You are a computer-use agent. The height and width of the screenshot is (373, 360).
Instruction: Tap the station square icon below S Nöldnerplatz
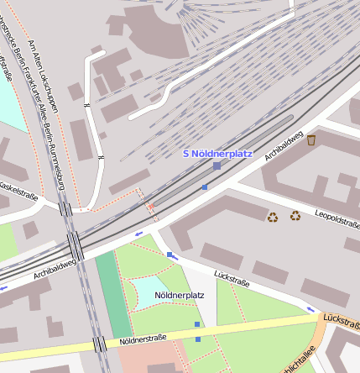217,166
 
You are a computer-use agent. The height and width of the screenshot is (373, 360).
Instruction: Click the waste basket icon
311,139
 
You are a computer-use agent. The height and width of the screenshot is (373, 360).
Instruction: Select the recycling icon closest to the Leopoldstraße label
295,216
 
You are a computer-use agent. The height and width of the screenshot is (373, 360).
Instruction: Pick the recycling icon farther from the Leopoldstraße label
273,218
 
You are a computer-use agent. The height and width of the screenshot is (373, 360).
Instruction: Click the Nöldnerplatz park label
180,296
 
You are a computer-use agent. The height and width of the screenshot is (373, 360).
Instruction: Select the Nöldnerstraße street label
143,339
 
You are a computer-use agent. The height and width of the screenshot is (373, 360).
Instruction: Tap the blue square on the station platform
205,186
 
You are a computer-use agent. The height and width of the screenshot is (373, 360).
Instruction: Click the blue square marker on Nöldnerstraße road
198,339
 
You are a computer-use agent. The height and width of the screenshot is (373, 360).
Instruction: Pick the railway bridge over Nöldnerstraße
100,344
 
